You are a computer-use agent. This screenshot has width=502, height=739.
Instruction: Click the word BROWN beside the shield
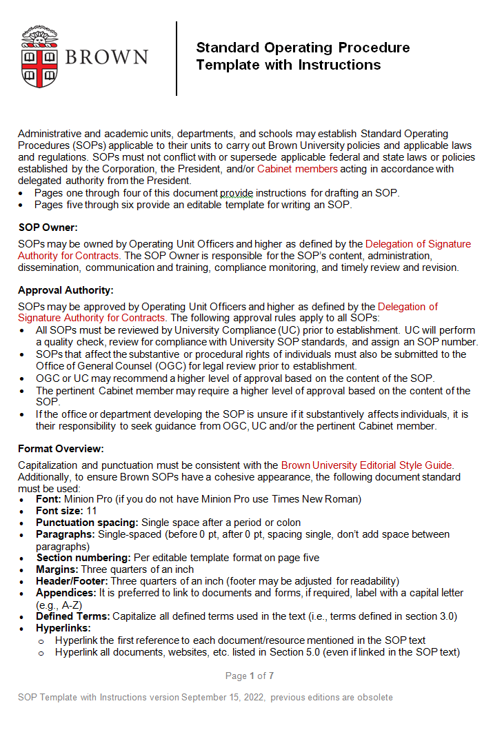click(x=107, y=57)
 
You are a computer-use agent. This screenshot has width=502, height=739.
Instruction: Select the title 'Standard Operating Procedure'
click(x=303, y=48)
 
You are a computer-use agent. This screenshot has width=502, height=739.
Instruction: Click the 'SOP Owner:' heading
click(x=48, y=227)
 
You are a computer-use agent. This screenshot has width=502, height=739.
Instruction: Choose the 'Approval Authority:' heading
click(x=66, y=290)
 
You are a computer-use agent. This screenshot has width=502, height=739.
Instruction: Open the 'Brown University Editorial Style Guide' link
click(x=367, y=465)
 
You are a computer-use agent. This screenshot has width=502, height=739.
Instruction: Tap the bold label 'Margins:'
click(x=57, y=569)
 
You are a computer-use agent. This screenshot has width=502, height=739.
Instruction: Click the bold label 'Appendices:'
click(x=66, y=593)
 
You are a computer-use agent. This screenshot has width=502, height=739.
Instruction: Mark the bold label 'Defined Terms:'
click(x=73, y=616)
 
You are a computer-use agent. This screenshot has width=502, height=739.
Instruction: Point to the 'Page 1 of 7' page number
click(x=250, y=676)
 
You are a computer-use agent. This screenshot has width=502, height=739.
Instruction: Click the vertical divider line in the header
click(x=177, y=59)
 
